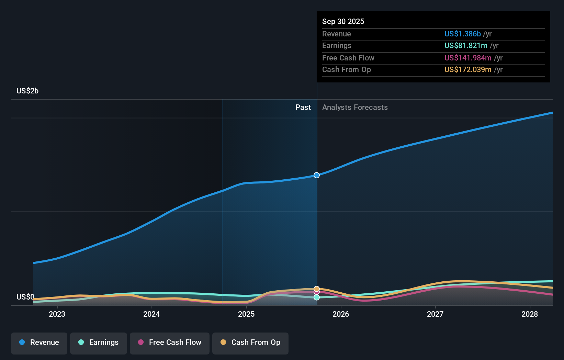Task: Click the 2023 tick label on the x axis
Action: point(57,314)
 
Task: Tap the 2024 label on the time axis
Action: point(151,314)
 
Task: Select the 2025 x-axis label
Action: point(246,314)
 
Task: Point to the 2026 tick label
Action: point(341,314)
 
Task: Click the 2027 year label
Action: point(435,314)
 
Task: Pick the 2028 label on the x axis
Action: point(530,314)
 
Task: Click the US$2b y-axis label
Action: point(27,91)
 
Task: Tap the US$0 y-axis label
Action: point(25,297)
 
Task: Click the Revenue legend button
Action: point(39,342)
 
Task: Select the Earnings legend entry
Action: point(99,342)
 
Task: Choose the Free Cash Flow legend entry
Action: point(170,342)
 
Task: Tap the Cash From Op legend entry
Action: point(250,342)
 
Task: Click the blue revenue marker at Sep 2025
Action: point(317,175)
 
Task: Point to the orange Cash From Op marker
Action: point(317,289)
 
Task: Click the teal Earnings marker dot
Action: point(317,297)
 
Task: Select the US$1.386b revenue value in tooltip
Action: point(462,34)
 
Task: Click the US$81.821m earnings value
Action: point(466,45)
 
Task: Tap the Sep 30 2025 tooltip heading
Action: point(343,21)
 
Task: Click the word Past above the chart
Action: point(303,107)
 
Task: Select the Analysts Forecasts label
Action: point(355,107)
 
